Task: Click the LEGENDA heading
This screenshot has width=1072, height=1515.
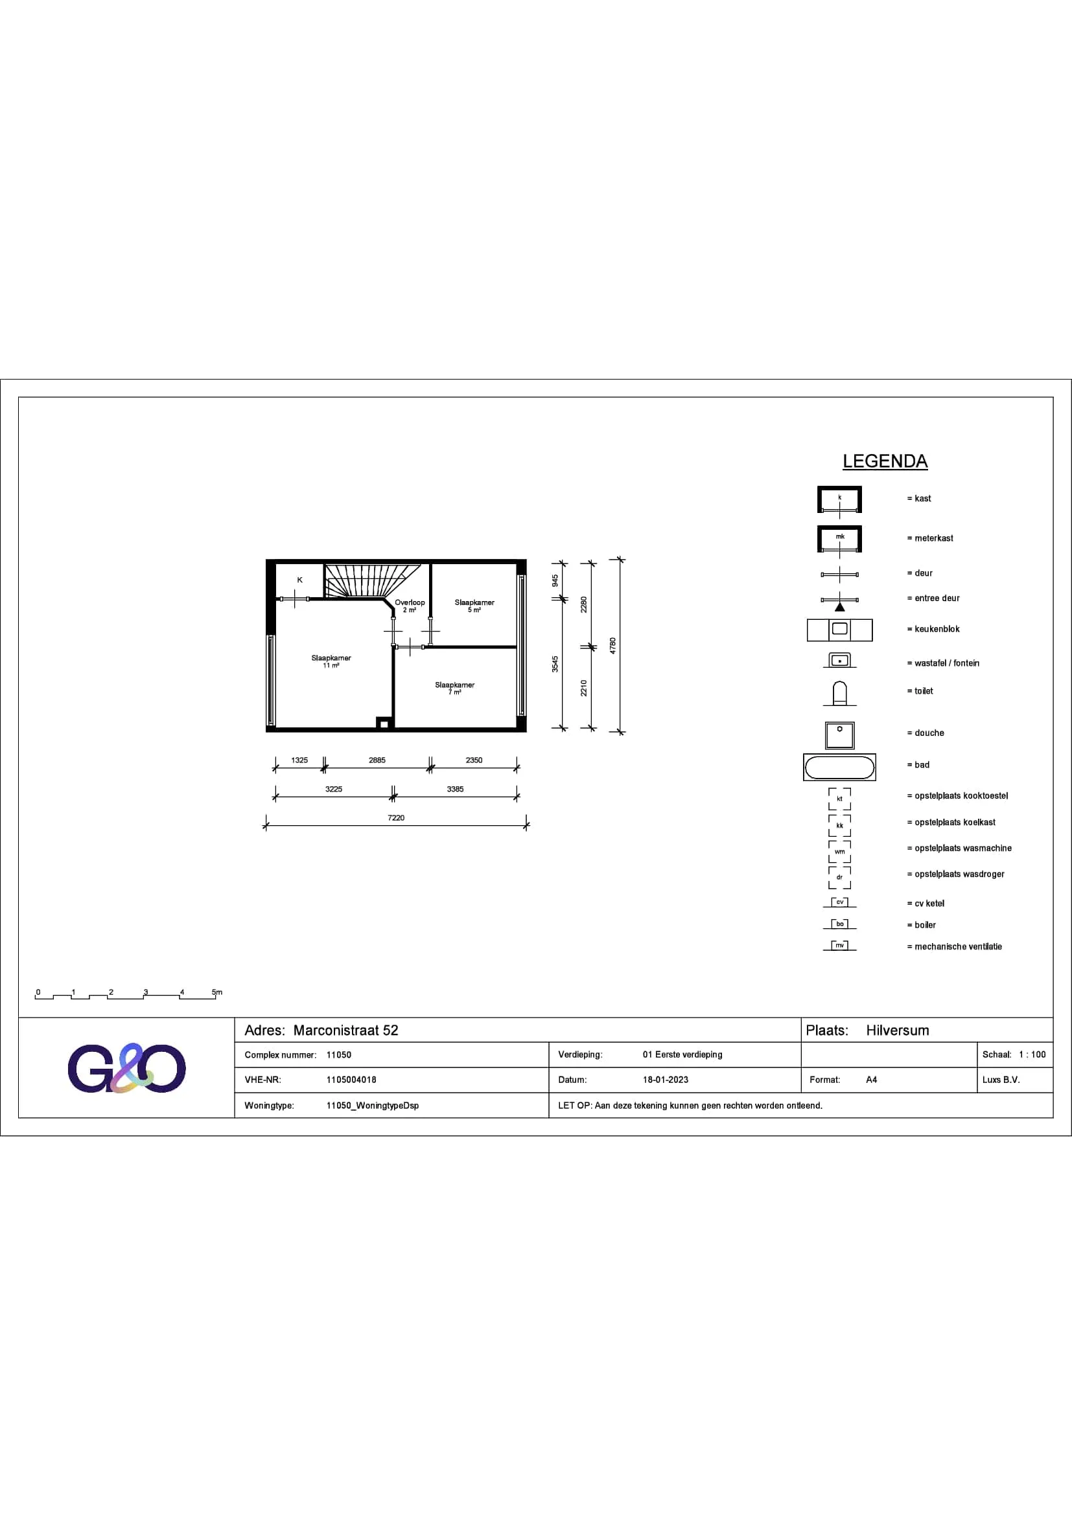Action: (x=885, y=461)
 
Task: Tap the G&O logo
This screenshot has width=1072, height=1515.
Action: (x=127, y=1067)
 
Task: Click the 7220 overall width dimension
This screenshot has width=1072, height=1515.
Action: (x=396, y=817)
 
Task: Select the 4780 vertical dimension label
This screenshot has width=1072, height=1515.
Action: (x=612, y=645)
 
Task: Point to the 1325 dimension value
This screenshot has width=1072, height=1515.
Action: (x=299, y=760)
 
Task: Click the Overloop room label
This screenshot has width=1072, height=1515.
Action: (x=410, y=602)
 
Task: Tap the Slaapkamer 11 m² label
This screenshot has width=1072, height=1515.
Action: (x=331, y=661)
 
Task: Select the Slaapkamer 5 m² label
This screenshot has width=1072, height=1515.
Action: (x=474, y=606)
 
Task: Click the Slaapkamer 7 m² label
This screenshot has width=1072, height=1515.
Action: (x=455, y=689)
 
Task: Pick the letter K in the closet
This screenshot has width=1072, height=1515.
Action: (x=299, y=580)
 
